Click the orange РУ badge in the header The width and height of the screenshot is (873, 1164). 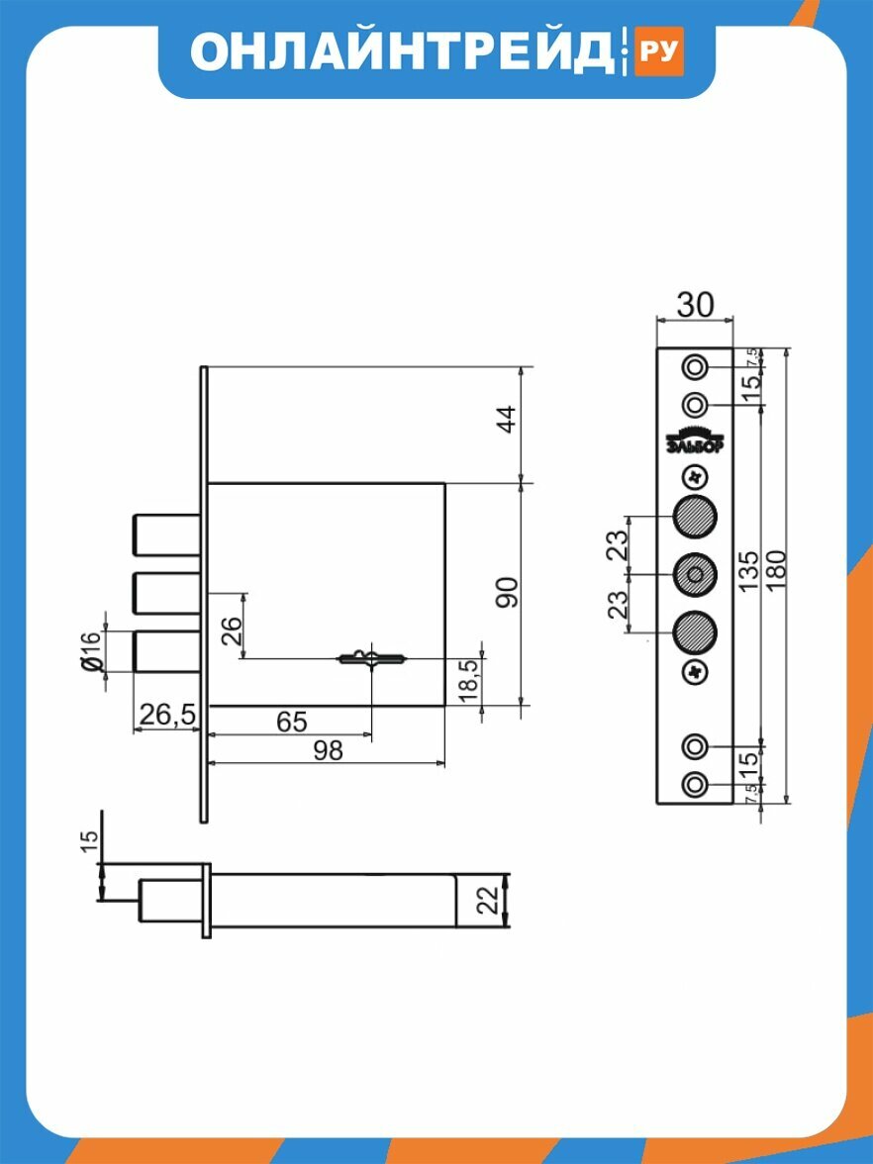point(657,51)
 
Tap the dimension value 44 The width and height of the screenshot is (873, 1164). point(507,420)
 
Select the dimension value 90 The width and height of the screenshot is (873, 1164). point(507,592)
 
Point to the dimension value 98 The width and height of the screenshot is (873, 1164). point(328,750)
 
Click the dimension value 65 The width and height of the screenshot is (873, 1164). point(291,722)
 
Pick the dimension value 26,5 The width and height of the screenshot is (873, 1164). point(167,715)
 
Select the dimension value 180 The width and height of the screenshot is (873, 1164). point(775,570)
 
